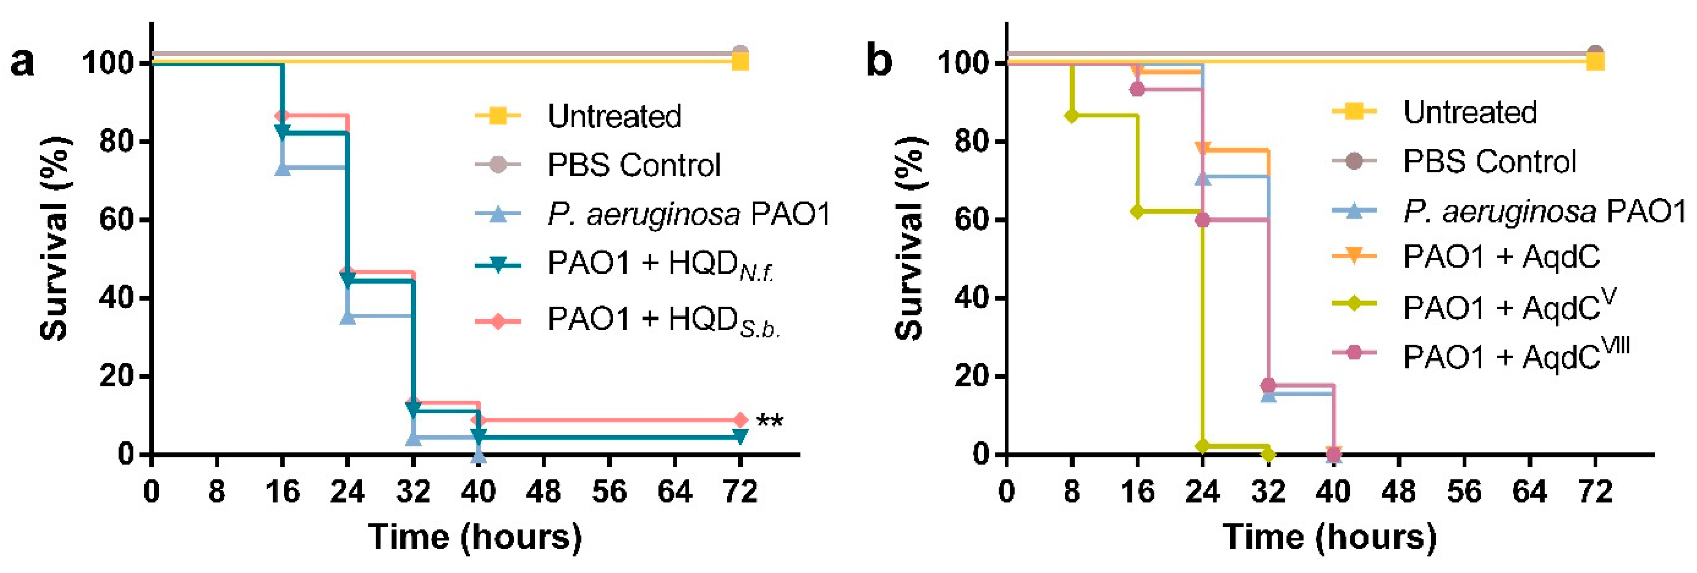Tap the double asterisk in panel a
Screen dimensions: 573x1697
tap(769, 420)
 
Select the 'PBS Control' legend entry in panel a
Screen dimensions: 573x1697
tap(633, 165)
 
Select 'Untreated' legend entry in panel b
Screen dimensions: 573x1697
tap(1469, 113)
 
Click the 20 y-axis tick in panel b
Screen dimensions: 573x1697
tap(972, 376)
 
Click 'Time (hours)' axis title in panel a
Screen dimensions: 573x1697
tap(475, 537)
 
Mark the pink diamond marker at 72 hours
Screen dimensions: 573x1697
tap(740, 420)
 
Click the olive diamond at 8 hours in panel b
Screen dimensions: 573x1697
tap(1072, 116)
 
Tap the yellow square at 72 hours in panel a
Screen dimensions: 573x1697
tap(740, 61)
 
